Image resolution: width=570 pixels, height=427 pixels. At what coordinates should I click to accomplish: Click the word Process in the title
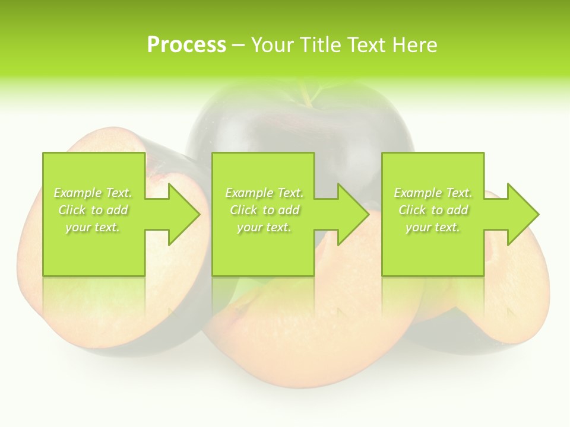[x=186, y=44]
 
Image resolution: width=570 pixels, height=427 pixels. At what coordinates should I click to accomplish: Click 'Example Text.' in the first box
[x=93, y=193]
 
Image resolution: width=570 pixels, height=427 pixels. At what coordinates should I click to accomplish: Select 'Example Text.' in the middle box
[x=264, y=193]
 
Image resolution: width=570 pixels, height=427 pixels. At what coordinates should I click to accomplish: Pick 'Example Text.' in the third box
[x=432, y=193]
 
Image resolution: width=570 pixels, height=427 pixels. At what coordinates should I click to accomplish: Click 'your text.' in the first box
[x=93, y=227]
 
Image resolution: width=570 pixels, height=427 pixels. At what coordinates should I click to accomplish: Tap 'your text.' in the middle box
[x=264, y=227]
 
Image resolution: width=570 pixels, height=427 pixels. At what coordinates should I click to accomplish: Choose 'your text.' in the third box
[x=432, y=227]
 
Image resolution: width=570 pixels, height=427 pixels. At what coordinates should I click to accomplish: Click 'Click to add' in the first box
[x=93, y=210]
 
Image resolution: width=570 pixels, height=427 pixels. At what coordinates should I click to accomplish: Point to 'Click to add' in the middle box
[x=264, y=210]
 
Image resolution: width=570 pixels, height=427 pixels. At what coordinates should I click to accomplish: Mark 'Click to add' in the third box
[x=432, y=210]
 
